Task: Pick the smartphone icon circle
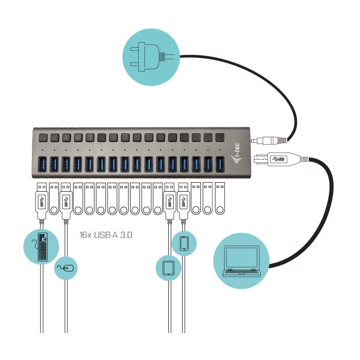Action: [x=183, y=243]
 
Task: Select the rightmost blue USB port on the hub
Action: [x=220, y=164]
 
